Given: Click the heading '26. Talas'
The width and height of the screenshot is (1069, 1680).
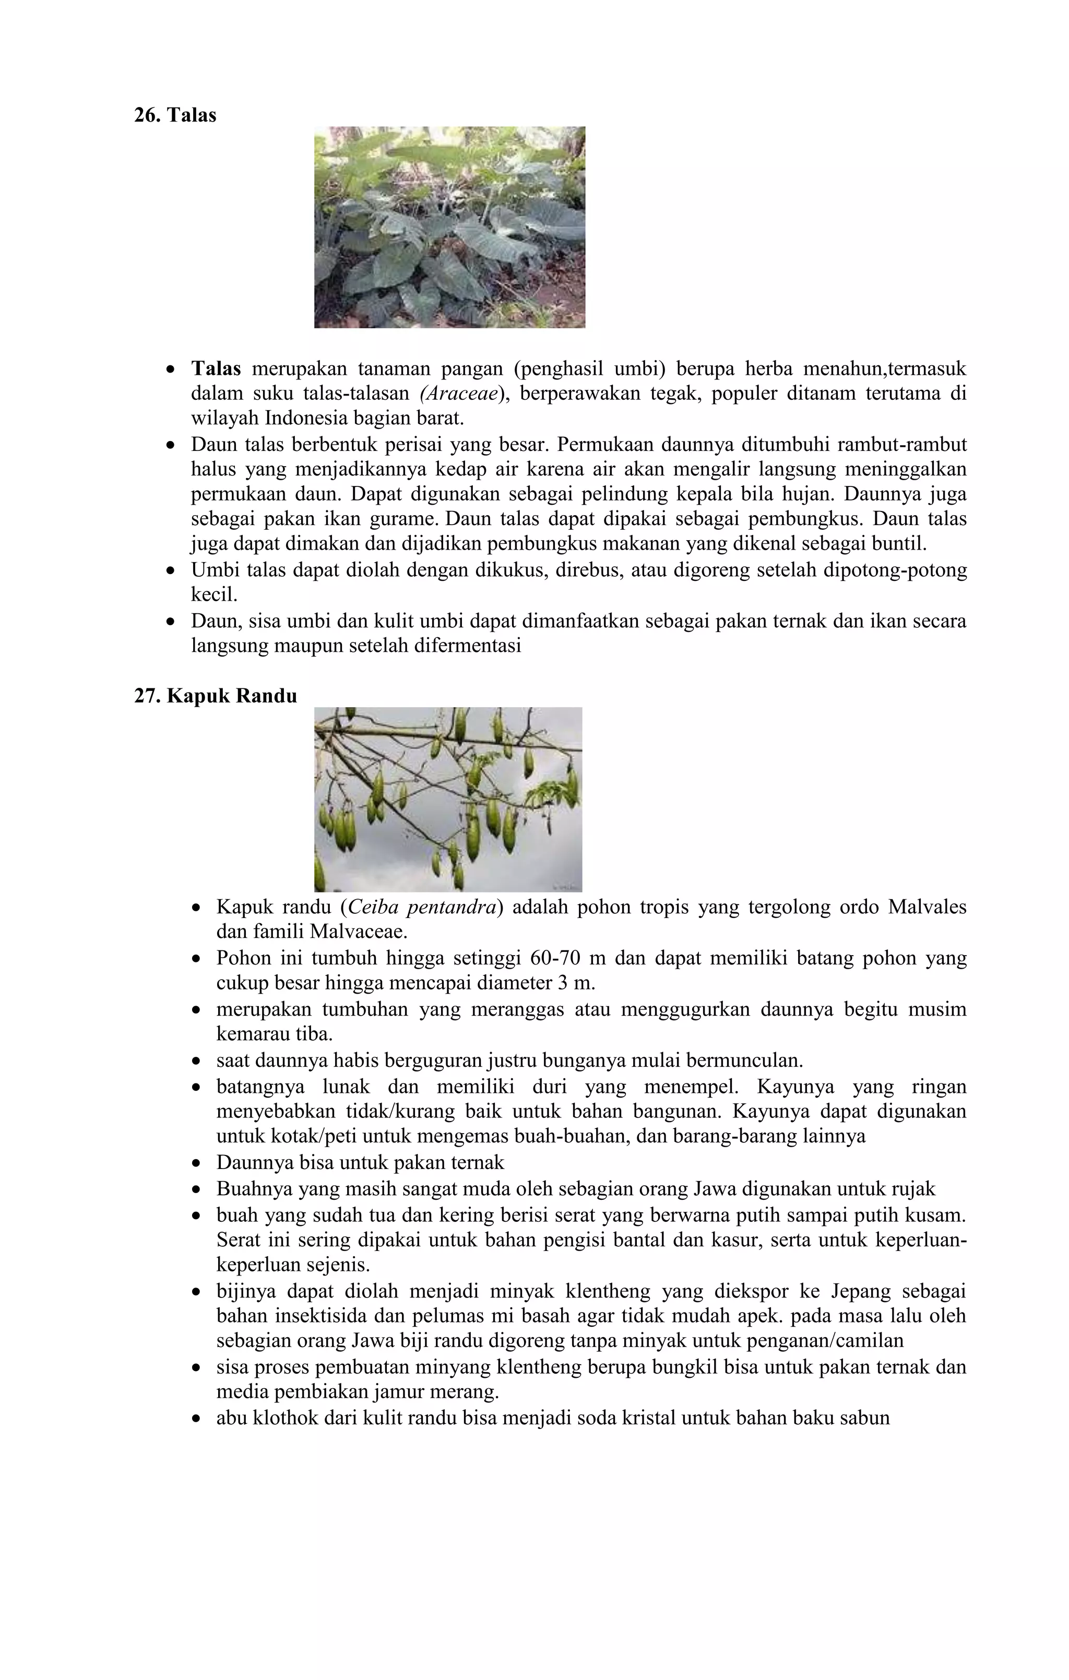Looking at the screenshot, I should click(175, 115).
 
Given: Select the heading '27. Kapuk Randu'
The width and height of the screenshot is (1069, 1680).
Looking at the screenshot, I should click(216, 696).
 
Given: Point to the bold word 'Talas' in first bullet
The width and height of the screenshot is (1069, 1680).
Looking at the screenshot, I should click(216, 368).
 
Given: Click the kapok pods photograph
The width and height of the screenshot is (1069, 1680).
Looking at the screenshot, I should click(448, 799).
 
